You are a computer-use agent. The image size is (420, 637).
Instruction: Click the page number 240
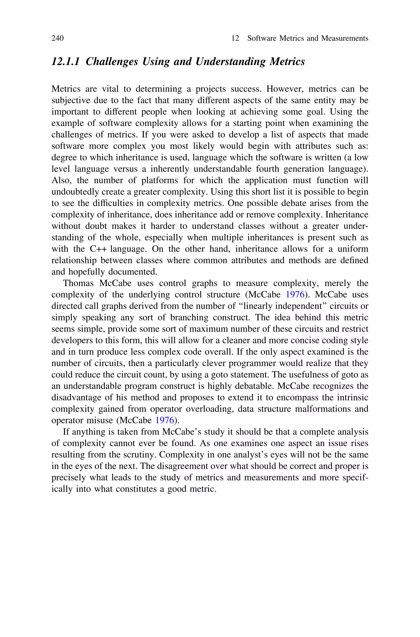(x=58, y=38)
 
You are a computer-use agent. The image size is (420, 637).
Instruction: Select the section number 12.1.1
(x=66, y=62)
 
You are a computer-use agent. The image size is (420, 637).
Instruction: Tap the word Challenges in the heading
(x=112, y=62)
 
